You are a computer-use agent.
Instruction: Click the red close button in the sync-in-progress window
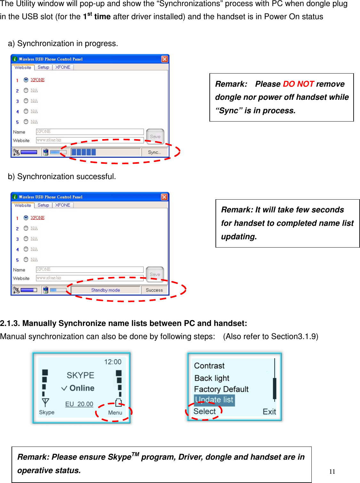click(164, 59)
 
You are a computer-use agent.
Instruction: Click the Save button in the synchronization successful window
click(155, 274)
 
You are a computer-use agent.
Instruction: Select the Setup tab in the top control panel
click(43, 67)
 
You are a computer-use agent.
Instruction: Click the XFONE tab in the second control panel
click(63, 205)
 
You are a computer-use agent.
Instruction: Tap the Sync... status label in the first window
click(154, 152)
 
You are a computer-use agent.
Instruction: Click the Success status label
click(154, 290)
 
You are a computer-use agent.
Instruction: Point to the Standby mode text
click(106, 290)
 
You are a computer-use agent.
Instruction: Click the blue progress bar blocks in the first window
click(84, 152)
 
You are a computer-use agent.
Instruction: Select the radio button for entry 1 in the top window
click(26, 80)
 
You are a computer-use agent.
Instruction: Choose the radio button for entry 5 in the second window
click(26, 259)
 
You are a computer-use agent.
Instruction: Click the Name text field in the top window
click(90, 131)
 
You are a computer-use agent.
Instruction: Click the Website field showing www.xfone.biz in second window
click(90, 278)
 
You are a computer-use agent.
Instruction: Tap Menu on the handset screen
click(115, 413)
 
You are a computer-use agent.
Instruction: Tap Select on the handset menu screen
click(205, 411)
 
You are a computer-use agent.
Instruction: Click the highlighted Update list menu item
click(214, 400)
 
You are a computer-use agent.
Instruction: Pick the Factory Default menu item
click(221, 389)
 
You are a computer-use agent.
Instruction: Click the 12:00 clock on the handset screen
click(113, 362)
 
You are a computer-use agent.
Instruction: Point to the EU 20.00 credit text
click(79, 404)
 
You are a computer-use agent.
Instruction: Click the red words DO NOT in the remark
click(298, 84)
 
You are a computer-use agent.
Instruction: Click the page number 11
click(332, 471)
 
